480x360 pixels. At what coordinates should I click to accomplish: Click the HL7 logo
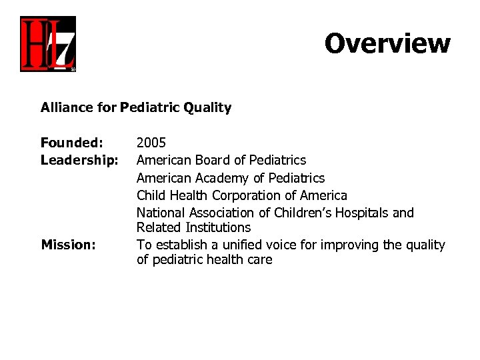tap(47, 44)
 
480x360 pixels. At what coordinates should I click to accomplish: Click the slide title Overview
tap(387, 43)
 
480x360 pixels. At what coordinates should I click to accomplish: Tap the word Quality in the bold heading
tap(209, 107)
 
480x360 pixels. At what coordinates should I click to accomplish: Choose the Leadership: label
tap(79, 160)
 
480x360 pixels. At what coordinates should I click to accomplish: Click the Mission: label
tap(68, 245)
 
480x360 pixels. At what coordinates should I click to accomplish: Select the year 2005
tap(151, 143)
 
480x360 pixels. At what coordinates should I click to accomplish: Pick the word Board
tap(212, 160)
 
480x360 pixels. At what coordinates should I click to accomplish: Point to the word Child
tap(151, 195)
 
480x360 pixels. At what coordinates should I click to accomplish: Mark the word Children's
tap(304, 213)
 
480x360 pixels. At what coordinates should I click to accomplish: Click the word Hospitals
tap(364, 213)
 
